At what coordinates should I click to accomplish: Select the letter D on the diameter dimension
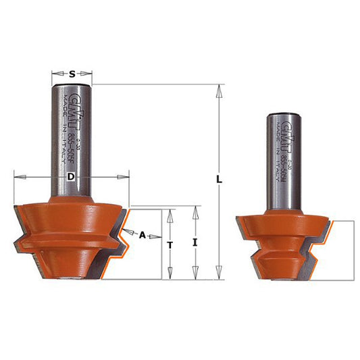71,177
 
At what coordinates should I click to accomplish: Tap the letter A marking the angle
143,235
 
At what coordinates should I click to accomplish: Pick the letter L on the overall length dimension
219,180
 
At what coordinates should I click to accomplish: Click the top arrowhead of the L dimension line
219,88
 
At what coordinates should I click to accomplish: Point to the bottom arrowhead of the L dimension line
219,274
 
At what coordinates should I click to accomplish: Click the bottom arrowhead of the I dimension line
195,275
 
